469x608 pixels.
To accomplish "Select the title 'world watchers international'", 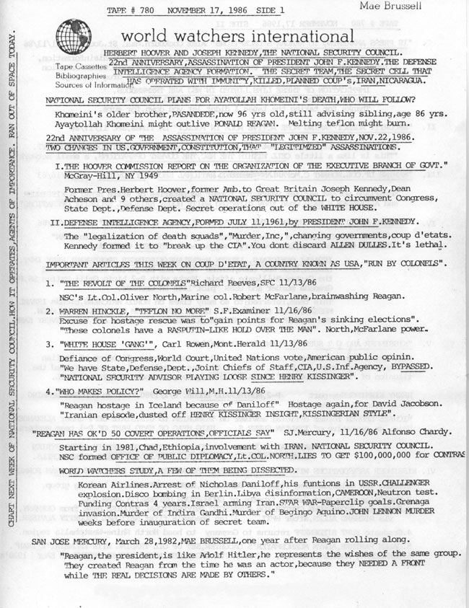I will click(238, 36).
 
